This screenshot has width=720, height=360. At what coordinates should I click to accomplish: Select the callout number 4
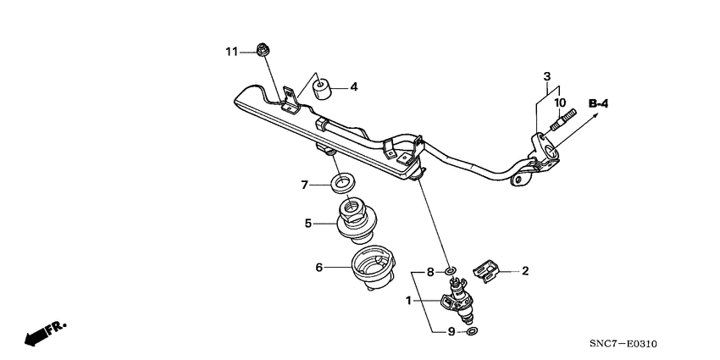(355, 86)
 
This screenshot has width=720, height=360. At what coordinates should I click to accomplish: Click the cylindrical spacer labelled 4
(322, 87)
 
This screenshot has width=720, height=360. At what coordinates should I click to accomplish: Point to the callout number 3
(546, 77)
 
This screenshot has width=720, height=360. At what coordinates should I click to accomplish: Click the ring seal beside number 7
(343, 181)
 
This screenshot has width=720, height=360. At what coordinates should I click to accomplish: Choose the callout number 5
(309, 224)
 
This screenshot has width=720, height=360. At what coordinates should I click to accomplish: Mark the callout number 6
(319, 268)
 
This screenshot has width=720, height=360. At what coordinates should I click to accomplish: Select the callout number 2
(524, 271)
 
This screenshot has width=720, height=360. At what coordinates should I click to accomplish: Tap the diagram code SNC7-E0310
(623, 344)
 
